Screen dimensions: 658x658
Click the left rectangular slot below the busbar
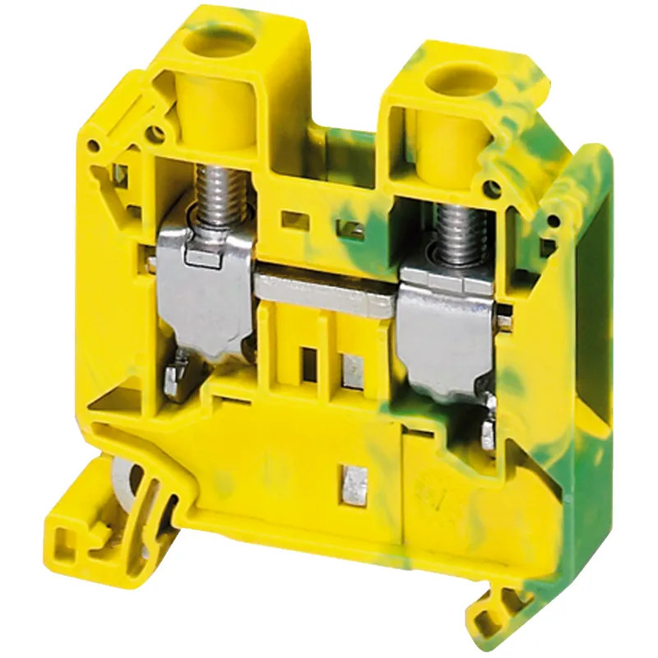(x=309, y=362)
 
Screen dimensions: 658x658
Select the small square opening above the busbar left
(x=290, y=219)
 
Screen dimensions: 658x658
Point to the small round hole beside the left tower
(x=152, y=129)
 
